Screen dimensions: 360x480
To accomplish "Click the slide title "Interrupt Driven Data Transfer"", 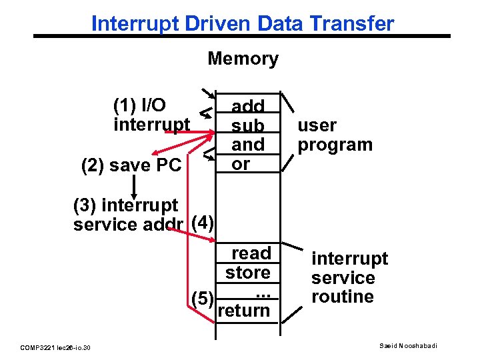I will tap(243, 24).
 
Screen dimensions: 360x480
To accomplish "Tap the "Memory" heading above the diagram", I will tap(243, 59).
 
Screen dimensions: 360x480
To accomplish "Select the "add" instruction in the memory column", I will tap(248, 106).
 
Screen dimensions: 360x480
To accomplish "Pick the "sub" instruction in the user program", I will tap(248, 125).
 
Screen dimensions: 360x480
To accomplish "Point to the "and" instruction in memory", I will tap(248, 144).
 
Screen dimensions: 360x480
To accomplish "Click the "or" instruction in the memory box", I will tap(241, 163).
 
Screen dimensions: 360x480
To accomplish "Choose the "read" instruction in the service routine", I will tap(251, 253).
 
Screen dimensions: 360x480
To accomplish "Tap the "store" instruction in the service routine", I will tap(248, 273).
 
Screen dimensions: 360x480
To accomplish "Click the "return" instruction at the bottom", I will tap(244, 311).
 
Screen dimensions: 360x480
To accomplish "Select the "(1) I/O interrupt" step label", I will tap(151, 115).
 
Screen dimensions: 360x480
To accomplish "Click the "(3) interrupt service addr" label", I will tap(127, 215).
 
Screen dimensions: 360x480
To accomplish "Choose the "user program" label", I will tap(335, 135).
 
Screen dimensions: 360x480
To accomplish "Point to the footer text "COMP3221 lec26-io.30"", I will tap(56, 347).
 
